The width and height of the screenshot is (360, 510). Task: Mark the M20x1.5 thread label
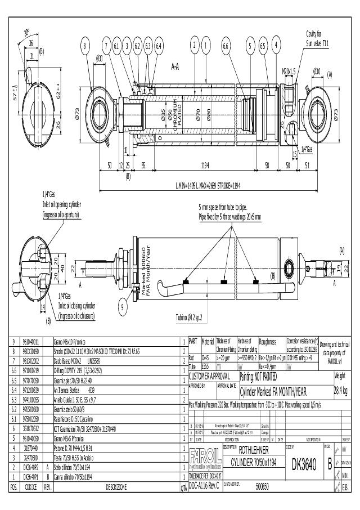click(x=289, y=71)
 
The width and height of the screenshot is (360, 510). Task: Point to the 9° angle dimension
click(x=26, y=32)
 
